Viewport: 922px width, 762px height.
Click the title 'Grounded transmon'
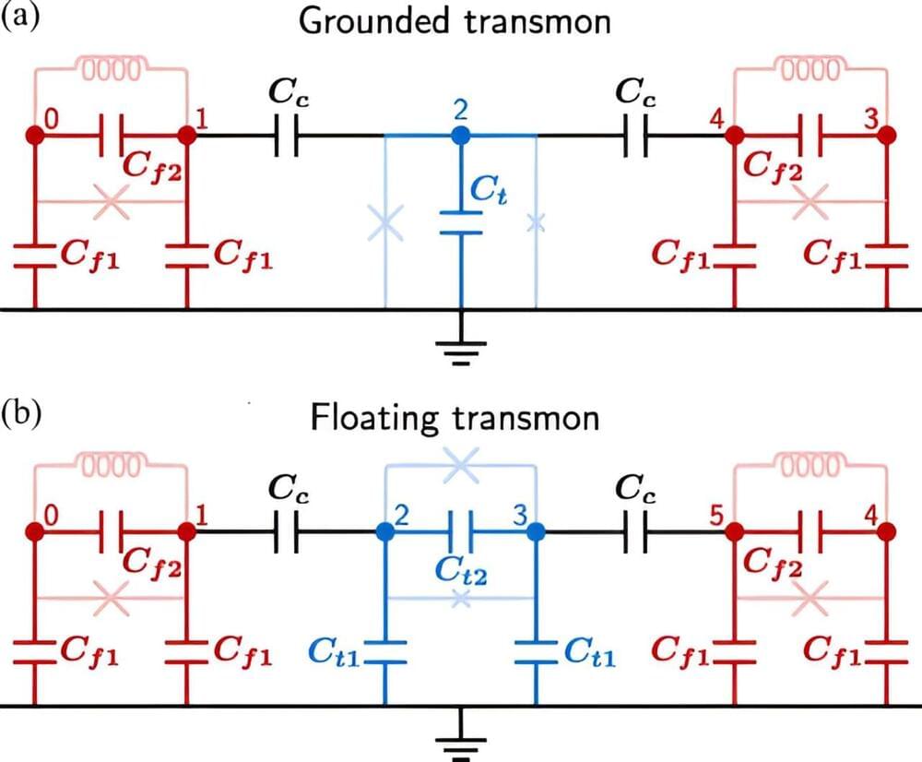[x=455, y=21]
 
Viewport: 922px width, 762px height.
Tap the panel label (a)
[x=20, y=18]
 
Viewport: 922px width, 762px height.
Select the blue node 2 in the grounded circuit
[x=460, y=136]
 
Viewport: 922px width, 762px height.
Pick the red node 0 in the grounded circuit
[x=35, y=136]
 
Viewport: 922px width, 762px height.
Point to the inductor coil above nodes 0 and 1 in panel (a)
[x=112, y=69]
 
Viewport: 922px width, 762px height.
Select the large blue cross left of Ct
[x=384, y=223]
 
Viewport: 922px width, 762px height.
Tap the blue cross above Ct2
[x=460, y=466]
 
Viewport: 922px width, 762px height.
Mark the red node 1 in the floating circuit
[x=187, y=530]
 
